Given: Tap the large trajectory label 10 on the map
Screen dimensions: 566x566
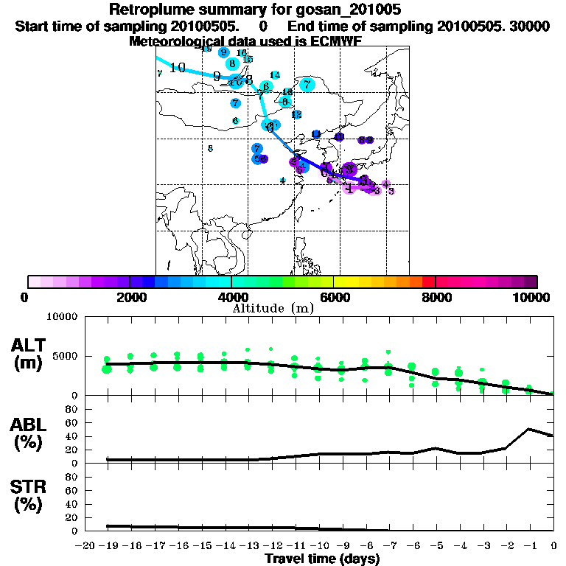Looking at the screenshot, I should [177, 68].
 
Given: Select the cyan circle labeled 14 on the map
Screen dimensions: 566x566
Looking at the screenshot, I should [275, 75].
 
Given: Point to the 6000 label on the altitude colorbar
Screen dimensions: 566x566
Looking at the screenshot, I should [333, 297].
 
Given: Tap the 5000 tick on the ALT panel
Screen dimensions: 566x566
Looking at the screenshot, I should [63, 355].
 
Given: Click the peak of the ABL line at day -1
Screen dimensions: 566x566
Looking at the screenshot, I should [528, 429].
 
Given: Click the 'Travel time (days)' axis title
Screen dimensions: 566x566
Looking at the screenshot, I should [322, 559].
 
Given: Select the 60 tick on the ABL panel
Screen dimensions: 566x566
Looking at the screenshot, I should [71, 422].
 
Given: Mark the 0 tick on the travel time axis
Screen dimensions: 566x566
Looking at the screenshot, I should [553, 547].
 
